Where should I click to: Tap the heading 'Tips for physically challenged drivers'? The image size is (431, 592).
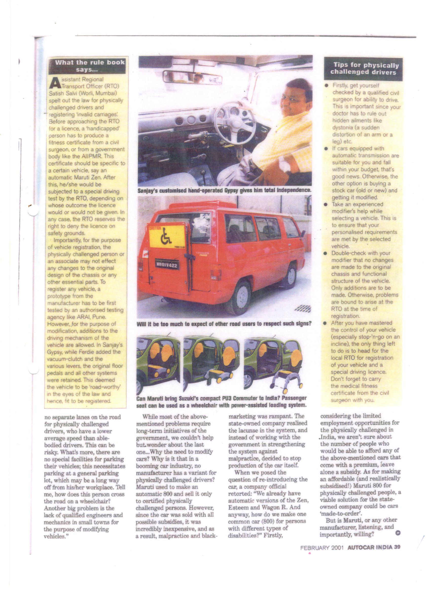(x=363, y=69)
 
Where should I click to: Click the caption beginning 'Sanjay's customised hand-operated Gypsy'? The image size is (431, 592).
(x=224, y=190)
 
